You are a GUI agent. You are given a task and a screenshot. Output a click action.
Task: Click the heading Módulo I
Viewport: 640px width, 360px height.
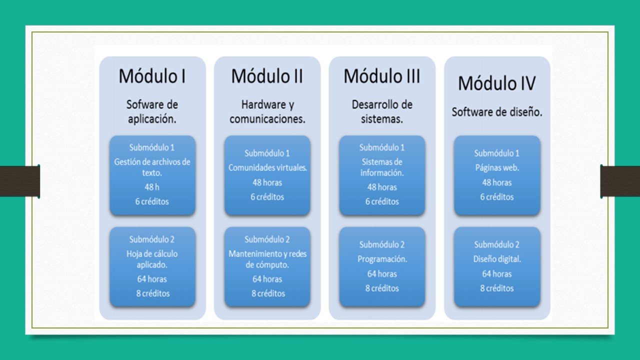152,76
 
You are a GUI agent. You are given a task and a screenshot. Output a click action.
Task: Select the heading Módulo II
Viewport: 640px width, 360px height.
267,76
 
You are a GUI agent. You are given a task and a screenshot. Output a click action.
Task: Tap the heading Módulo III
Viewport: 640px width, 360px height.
382,76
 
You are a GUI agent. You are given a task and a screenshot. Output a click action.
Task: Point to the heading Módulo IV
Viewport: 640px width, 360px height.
497,83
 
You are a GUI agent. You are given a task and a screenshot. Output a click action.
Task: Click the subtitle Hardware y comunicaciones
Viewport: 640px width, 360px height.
267,112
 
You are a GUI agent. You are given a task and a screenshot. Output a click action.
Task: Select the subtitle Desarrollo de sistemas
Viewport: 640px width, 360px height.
382,112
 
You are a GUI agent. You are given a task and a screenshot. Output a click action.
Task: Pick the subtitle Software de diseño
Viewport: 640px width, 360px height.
497,112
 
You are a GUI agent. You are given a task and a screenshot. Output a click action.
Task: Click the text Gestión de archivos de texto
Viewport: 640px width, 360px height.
152,167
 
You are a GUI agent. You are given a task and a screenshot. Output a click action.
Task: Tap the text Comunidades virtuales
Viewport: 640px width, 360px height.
267,168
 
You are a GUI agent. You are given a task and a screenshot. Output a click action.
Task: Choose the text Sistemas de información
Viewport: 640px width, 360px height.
382,167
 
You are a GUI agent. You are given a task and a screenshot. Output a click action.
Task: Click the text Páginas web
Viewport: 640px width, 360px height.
497,168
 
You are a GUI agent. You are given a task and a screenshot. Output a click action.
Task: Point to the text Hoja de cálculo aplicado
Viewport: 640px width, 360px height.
152,259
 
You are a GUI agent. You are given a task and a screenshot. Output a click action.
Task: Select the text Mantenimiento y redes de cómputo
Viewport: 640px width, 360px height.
267,259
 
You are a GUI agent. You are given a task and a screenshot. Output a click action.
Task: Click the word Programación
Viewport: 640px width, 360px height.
382,259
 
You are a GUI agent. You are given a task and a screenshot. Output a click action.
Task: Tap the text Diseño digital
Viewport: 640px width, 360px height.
497,259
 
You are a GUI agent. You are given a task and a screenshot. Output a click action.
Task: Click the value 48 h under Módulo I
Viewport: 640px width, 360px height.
152,187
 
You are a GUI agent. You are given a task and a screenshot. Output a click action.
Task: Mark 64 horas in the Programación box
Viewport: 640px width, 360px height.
382,273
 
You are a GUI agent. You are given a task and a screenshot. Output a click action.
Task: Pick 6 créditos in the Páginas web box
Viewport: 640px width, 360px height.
497,197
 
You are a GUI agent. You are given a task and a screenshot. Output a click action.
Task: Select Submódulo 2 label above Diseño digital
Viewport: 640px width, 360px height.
497,244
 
